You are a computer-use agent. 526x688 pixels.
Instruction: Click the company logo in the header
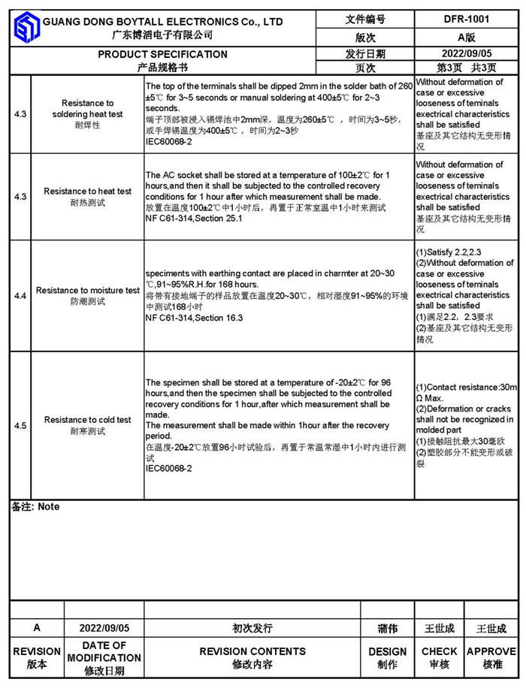(25, 29)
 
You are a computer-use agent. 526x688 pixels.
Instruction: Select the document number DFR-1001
(466, 20)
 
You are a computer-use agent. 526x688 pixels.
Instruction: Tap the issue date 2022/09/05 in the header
(466, 53)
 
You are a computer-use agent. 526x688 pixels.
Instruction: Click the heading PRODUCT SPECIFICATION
(162, 54)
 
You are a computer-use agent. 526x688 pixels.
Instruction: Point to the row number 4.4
(20, 296)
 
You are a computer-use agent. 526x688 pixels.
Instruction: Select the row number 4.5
(20, 425)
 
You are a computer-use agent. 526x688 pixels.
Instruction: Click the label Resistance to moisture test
(88, 290)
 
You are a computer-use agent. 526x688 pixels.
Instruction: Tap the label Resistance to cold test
(88, 420)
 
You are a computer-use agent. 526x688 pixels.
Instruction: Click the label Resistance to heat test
(88, 192)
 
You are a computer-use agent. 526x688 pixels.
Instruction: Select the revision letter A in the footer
(36, 628)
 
